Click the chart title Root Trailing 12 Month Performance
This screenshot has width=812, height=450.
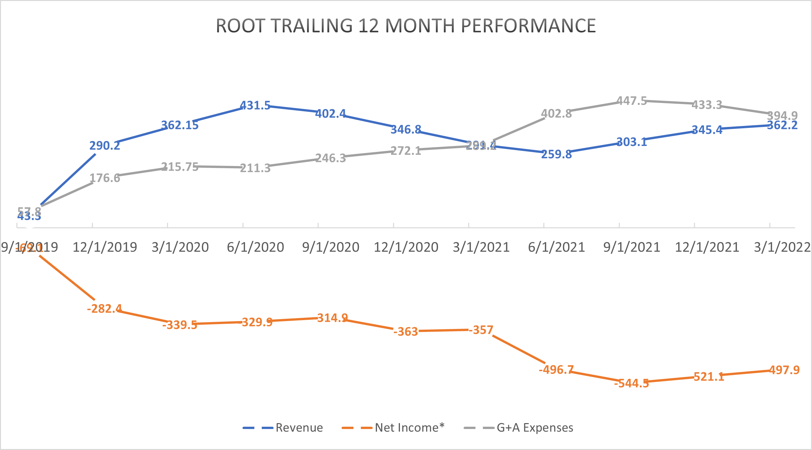point(406,26)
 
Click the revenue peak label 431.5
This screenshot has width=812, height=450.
point(255,106)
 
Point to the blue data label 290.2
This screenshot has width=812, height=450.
point(105,146)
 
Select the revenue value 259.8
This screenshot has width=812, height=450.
point(556,154)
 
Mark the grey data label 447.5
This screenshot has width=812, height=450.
point(632,101)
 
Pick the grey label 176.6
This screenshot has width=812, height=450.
point(105,178)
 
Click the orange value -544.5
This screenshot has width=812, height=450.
point(632,383)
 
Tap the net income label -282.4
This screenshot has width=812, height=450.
point(104,309)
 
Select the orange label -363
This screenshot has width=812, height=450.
point(406,332)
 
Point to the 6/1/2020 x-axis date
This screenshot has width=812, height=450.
point(255,247)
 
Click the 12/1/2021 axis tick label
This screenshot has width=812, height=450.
point(707,247)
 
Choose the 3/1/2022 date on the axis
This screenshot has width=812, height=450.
point(782,247)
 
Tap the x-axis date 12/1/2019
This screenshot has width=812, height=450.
point(105,247)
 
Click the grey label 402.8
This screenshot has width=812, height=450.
point(556,114)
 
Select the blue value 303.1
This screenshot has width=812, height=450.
point(632,142)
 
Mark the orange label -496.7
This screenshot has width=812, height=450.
point(556,370)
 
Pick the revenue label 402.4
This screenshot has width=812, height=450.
point(330,114)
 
